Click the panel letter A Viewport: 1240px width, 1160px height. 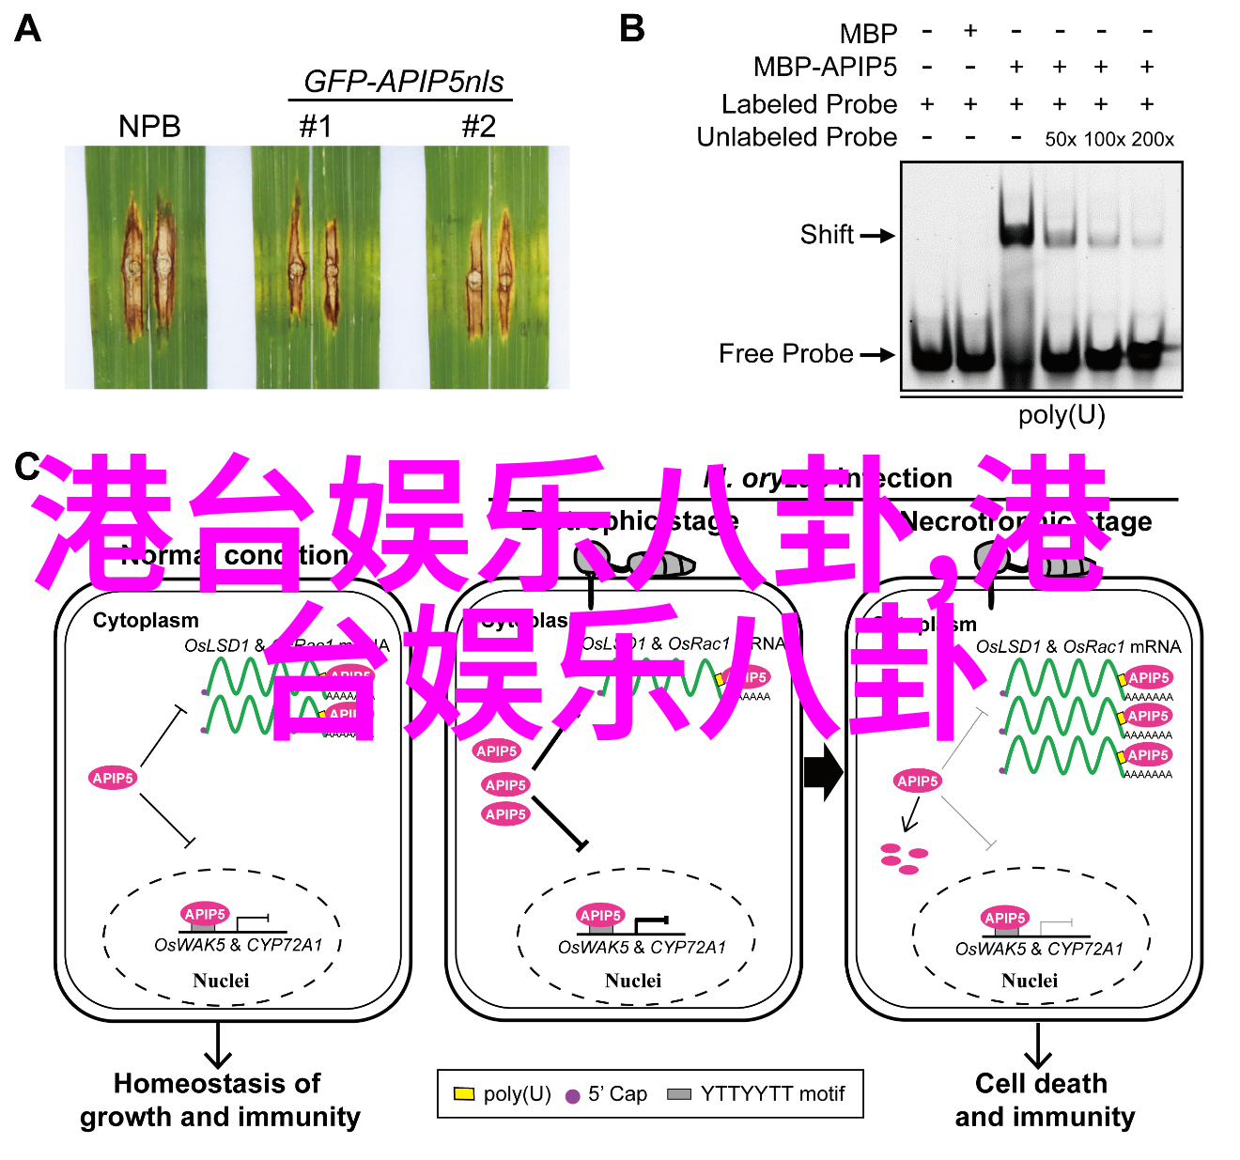click(x=28, y=29)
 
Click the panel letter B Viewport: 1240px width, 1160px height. click(x=632, y=29)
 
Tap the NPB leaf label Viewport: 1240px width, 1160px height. click(x=149, y=126)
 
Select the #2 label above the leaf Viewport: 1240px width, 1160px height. click(x=478, y=126)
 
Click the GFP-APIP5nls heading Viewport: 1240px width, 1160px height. click(x=403, y=82)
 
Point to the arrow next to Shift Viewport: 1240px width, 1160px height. click(x=877, y=236)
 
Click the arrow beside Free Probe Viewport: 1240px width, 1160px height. click(x=877, y=355)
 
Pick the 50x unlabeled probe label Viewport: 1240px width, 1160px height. click(x=1061, y=140)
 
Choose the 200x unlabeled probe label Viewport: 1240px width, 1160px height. click(x=1153, y=140)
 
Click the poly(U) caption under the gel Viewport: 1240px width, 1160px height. click(x=1062, y=414)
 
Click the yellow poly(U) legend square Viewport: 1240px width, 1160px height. click(x=464, y=1093)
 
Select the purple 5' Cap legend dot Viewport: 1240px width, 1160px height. click(x=572, y=1095)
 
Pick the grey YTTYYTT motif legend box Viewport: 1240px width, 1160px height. click(x=678, y=1094)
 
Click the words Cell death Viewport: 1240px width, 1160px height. click(x=1041, y=1083)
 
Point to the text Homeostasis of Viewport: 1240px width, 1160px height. click(x=217, y=1083)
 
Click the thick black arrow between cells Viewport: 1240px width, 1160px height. click(x=823, y=772)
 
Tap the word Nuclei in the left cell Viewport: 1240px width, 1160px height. click(x=221, y=981)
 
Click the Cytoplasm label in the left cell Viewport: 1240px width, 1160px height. click(x=146, y=621)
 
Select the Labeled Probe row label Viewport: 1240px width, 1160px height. click(x=809, y=104)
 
